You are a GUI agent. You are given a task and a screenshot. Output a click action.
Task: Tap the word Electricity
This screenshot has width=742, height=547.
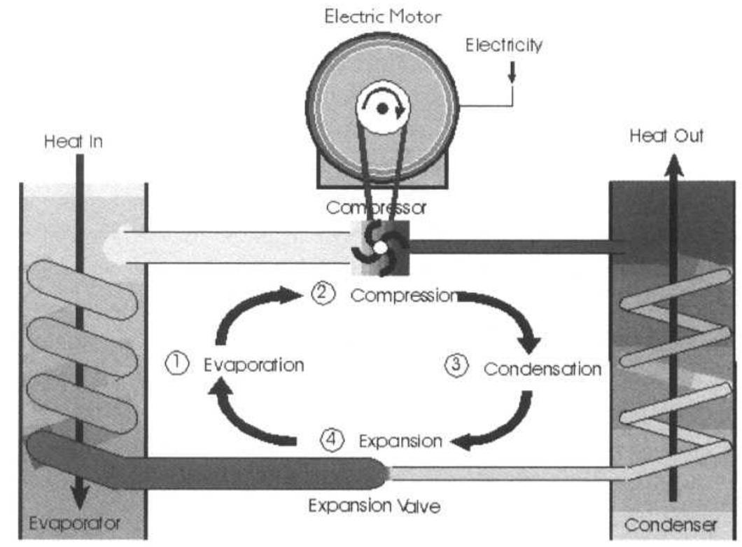(x=505, y=46)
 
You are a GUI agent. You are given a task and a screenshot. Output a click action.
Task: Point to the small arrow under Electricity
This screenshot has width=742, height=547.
(x=512, y=73)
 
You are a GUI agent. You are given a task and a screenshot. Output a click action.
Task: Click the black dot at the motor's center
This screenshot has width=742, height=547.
(x=382, y=109)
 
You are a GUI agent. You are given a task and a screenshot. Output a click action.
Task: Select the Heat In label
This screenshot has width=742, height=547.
(x=73, y=141)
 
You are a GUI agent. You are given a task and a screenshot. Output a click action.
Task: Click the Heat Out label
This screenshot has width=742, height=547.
(x=666, y=137)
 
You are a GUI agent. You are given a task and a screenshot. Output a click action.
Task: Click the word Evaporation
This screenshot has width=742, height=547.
(x=254, y=365)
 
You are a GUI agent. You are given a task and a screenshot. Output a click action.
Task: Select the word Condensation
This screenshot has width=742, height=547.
(x=542, y=368)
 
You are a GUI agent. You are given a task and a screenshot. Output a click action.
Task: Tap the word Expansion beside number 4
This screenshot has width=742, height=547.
(x=400, y=441)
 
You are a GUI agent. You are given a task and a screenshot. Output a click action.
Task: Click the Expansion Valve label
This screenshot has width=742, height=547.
(x=374, y=505)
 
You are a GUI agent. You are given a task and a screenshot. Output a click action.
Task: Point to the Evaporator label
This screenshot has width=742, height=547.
(x=75, y=523)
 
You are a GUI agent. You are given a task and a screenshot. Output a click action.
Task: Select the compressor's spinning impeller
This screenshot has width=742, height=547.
(x=379, y=247)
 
